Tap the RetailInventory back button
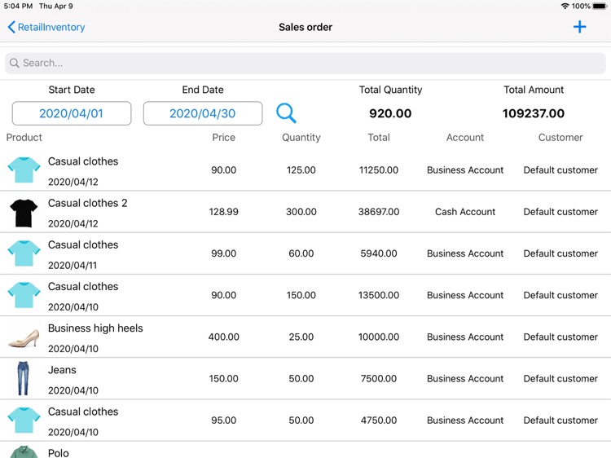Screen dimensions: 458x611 [x=46, y=27]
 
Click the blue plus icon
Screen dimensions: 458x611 [x=579, y=27]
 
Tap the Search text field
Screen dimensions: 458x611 [x=305, y=63]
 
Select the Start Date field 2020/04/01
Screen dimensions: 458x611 [x=72, y=113]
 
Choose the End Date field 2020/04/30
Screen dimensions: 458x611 [x=203, y=113]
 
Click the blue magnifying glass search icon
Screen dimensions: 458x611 [x=286, y=113]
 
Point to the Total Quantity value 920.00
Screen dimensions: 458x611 [x=390, y=113]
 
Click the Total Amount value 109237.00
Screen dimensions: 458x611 [x=534, y=113]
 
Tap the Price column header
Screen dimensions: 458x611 [x=223, y=138]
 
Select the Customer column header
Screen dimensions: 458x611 [x=560, y=138]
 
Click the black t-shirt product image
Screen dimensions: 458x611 [x=24, y=212]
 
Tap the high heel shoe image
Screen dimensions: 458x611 [x=24, y=337]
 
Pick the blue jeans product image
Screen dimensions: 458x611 [x=24, y=379]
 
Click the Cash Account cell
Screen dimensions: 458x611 [x=465, y=212]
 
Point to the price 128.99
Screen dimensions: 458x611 [x=223, y=212]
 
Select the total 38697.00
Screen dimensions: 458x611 [x=379, y=212]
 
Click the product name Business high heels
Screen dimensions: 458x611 [x=95, y=328]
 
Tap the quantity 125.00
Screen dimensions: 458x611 [x=301, y=170]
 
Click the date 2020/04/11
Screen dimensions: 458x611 [x=73, y=265]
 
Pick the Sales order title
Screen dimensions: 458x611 [x=305, y=27]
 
